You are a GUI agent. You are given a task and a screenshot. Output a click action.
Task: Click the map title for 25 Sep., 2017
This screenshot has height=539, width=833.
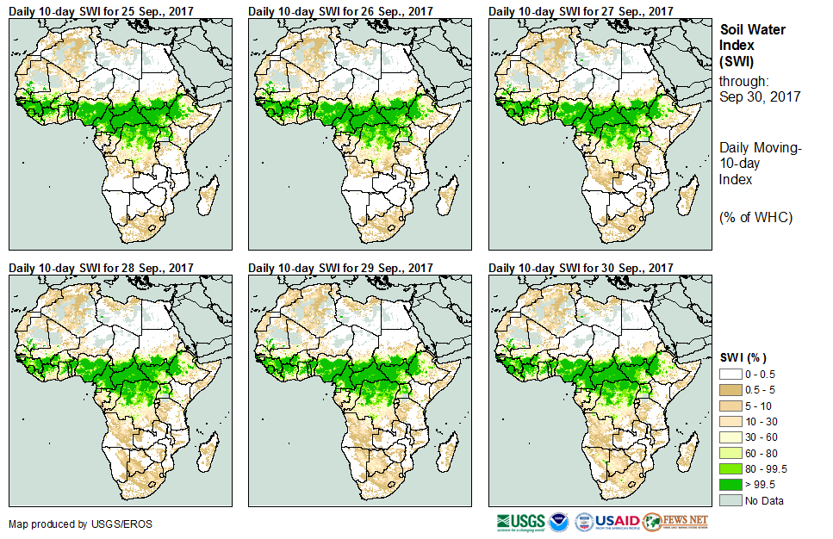pyautogui.click(x=100, y=11)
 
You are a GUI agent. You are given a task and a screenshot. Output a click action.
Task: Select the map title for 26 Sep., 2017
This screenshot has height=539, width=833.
pyautogui.click(x=340, y=11)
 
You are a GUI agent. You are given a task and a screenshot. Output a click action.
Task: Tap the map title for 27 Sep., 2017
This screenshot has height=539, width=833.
pyautogui.click(x=581, y=11)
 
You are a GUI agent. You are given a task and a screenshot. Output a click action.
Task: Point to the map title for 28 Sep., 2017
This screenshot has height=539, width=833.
pyautogui.click(x=100, y=268)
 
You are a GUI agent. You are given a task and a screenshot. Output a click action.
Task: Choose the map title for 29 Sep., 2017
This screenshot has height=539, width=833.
pyautogui.click(x=340, y=268)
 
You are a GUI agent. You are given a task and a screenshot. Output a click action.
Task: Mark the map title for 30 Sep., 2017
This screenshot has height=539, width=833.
pyautogui.click(x=581, y=268)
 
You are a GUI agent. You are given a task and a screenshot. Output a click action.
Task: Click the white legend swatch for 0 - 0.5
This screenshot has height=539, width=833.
pyautogui.click(x=730, y=375)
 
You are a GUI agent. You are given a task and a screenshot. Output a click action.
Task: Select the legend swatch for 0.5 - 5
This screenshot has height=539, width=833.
pyautogui.click(x=730, y=391)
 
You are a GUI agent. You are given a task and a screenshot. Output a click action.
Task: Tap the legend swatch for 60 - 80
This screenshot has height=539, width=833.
pyautogui.click(x=730, y=453)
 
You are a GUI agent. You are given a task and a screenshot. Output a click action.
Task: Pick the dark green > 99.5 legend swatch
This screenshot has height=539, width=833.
pyautogui.click(x=730, y=484)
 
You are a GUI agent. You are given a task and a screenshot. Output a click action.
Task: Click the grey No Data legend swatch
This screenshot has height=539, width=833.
pyautogui.click(x=730, y=499)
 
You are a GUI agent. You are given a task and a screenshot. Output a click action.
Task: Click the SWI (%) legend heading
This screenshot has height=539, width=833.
pyautogui.click(x=743, y=357)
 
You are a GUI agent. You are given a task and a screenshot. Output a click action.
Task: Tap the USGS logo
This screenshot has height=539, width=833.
pyautogui.click(x=520, y=522)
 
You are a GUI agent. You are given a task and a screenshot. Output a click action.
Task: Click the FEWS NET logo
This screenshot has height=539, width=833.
pyautogui.click(x=675, y=522)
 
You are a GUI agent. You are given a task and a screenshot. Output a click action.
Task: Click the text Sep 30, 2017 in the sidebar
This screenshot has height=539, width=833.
pyautogui.click(x=760, y=96)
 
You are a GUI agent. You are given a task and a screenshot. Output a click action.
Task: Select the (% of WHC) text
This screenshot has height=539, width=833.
pyautogui.click(x=755, y=217)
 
